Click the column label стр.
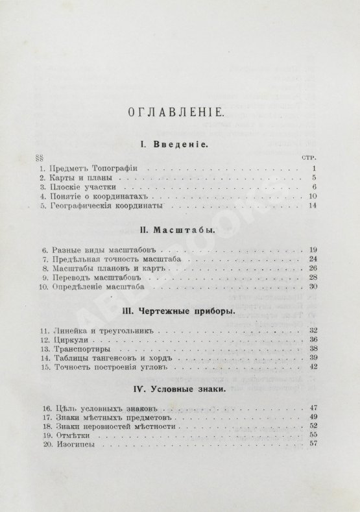309,158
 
